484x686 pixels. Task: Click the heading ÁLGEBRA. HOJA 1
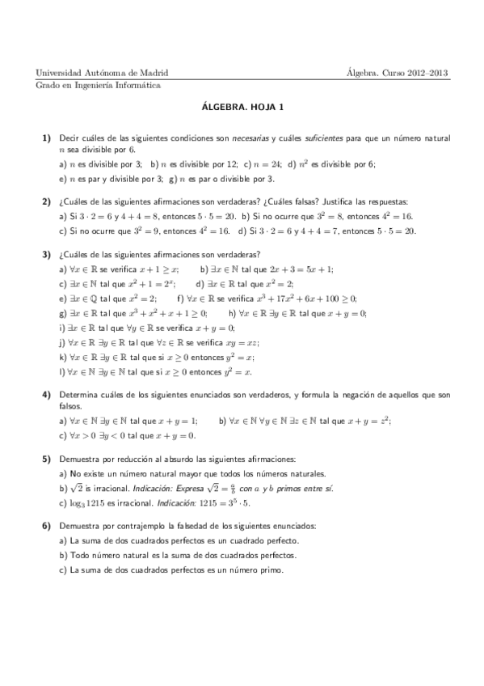(242, 105)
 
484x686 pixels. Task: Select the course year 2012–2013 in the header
(428, 73)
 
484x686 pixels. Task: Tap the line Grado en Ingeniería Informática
(98, 85)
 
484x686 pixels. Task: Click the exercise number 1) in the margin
(47, 138)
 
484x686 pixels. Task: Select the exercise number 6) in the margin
(47, 526)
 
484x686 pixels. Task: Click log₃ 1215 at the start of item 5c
(86, 502)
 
